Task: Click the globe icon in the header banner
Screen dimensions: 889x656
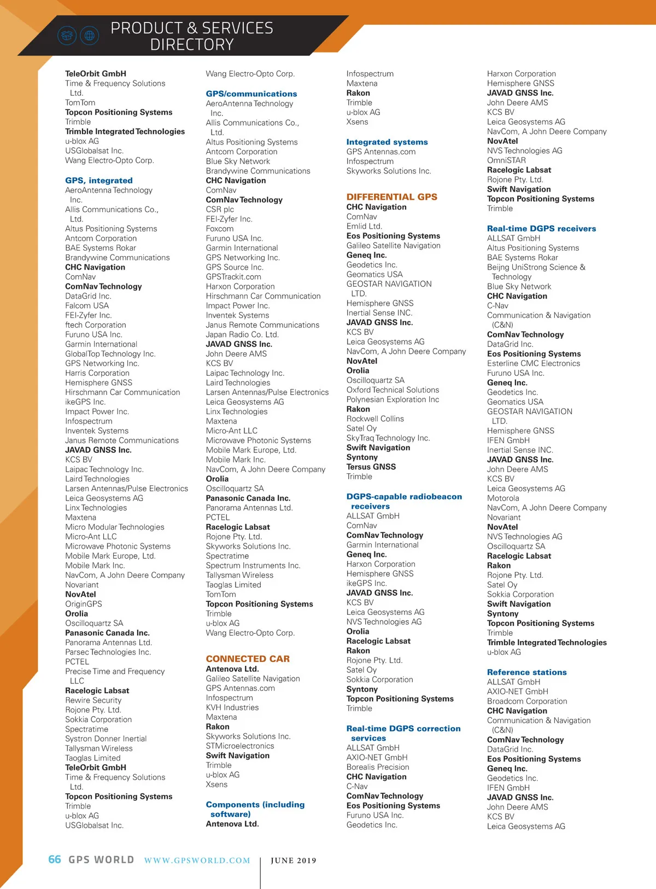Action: click(x=89, y=36)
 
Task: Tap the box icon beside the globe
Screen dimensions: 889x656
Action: click(x=67, y=36)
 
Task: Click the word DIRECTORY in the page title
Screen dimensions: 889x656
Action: click(x=192, y=45)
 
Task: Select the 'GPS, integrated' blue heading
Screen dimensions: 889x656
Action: click(x=98, y=181)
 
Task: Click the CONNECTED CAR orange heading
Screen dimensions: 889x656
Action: click(x=248, y=659)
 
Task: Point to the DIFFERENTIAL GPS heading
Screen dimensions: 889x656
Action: click(x=391, y=197)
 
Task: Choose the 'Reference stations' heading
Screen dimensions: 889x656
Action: click(x=526, y=672)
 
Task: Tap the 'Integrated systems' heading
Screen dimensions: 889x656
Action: click(x=386, y=142)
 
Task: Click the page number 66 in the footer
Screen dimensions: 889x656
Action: click(x=55, y=859)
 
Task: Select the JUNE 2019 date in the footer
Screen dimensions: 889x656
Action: click(x=294, y=861)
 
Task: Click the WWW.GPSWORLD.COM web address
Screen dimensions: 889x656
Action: click(x=197, y=861)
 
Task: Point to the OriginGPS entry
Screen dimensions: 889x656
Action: click(x=84, y=604)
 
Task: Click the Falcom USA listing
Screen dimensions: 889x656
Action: click(x=87, y=306)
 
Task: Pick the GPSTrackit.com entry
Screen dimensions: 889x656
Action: click(x=233, y=277)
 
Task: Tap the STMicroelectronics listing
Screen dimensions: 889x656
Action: click(x=240, y=746)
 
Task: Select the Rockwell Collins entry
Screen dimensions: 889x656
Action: click(x=375, y=419)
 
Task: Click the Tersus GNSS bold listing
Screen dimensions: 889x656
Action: click(x=371, y=467)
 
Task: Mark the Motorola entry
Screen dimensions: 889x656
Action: click(x=503, y=498)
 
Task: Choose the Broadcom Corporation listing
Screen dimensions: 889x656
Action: click(x=527, y=701)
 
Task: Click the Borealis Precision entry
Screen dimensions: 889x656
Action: click(x=378, y=767)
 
